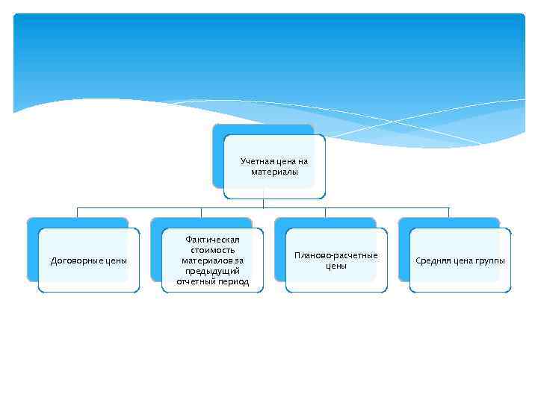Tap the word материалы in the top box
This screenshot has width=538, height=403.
coord(274,172)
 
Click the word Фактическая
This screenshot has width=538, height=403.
coord(212,240)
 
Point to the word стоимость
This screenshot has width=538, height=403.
coord(212,250)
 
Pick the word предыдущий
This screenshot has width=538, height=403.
coord(212,271)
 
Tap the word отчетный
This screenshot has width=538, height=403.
coord(195,281)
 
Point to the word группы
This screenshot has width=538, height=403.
coord(489,260)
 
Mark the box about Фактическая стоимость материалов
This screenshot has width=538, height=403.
coord(212,260)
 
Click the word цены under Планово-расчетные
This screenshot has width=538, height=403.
coord(336,266)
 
